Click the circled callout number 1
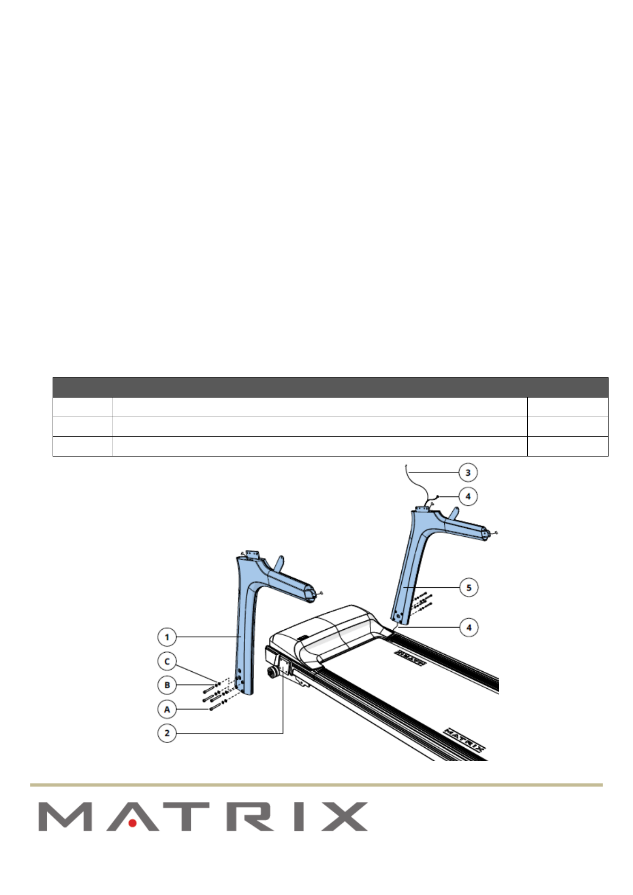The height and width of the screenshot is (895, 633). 167,637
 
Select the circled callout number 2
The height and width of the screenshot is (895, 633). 167,733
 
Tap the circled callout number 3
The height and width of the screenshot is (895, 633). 468,472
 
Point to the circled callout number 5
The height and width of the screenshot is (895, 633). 469,587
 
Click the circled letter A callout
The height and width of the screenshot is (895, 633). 167,709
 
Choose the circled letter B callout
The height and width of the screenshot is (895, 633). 167,685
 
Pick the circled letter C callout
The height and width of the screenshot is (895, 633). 167,661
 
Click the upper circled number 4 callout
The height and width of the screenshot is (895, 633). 468,496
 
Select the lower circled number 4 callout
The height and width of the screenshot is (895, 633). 469,627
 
